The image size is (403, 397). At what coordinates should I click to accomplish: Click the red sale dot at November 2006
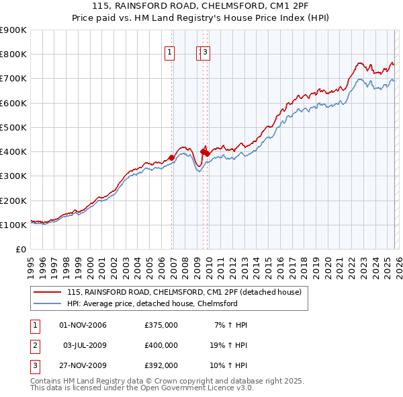(171, 157)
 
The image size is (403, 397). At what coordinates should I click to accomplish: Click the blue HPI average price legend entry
(152, 303)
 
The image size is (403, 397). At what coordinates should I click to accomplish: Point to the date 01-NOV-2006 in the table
(83, 325)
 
